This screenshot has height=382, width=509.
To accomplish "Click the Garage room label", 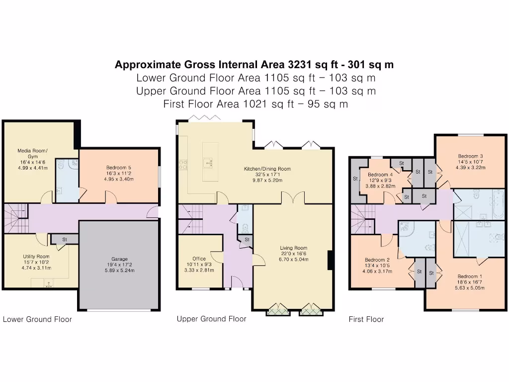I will [119, 259].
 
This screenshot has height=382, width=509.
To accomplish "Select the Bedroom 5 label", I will [118, 168].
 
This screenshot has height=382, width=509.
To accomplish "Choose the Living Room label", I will [293, 248].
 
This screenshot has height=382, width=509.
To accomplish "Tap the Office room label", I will [199, 259].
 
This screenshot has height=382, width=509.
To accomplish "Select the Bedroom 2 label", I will [377, 260].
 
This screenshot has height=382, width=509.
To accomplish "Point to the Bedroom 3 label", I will [470, 156].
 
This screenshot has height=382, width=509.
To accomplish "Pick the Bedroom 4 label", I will [380, 175].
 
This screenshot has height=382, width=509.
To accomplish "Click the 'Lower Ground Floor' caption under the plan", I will [37, 319].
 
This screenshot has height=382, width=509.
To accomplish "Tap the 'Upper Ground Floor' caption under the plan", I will [211, 319].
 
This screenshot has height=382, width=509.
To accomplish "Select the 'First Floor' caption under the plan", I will [366, 319].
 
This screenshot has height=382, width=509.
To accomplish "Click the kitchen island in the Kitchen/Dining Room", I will [210, 161].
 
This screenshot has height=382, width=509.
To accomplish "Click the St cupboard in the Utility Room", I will [64, 239].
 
